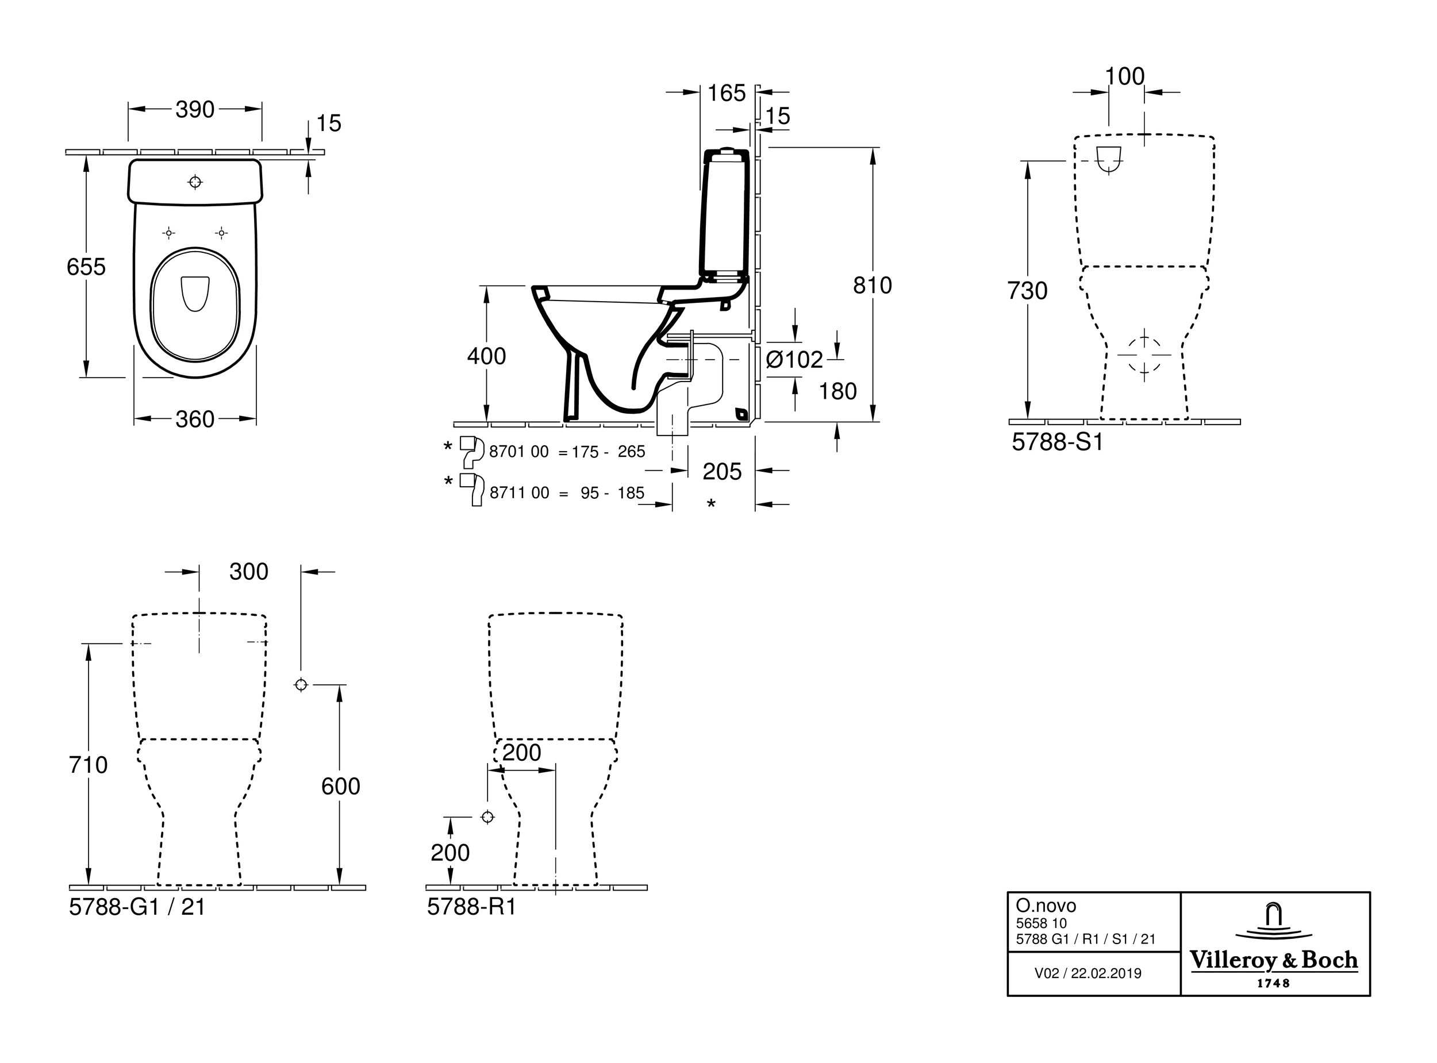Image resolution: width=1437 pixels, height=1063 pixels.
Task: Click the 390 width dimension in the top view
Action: [x=195, y=110]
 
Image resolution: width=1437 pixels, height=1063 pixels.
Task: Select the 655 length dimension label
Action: [x=86, y=267]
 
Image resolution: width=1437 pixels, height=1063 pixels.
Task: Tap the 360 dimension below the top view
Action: [x=195, y=419]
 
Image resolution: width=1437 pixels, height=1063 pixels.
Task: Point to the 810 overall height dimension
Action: [x=872, y=285]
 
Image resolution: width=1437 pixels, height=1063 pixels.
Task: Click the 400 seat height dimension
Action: [x=486, y=356]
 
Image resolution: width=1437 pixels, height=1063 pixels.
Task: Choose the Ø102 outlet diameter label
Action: [x=795, y=360]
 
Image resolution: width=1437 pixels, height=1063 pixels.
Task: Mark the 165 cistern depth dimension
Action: [x=727, y=93]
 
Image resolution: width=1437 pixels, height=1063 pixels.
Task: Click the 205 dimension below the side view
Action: [x=722, y=472]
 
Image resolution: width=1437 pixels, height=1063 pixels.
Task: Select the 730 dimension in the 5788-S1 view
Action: [x=1027, y=291]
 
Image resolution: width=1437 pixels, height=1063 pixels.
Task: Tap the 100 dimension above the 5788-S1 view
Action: [x=1125, y=76]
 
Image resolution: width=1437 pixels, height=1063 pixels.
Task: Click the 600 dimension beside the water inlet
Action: [x=340, y=786]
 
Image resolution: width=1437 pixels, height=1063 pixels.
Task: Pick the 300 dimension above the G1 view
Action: [x=249, y=571]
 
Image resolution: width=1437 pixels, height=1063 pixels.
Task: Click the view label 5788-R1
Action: [x=472, y=907]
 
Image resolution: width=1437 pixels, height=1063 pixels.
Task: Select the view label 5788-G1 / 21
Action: [x=137, y=907]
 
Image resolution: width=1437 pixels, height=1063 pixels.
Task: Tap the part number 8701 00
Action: [x=518, y=452]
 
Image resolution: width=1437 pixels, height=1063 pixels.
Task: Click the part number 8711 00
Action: [x=519, y=493]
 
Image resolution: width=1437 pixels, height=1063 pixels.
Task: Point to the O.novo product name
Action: [x=1046, y=906]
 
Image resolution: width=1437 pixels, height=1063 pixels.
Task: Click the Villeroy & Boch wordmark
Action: [x=1274, y=961]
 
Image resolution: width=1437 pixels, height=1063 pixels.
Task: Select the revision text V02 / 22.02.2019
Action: [x=1088, y=973]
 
